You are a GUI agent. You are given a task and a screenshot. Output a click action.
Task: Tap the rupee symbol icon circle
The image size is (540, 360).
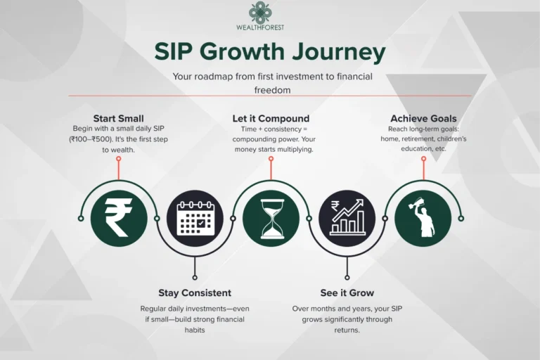(118, 219)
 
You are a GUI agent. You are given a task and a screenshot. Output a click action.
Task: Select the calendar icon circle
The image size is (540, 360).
(195, 219)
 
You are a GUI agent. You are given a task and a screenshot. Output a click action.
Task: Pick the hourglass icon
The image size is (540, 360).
(271, 219)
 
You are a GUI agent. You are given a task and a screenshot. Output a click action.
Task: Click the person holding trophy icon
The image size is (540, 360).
(423, 219)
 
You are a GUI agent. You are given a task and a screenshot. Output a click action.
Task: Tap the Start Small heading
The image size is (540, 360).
(119, 118)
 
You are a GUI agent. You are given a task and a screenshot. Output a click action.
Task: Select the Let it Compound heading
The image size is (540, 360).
(271, 118)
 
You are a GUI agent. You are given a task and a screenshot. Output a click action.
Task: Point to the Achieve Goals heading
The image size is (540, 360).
(423, 118)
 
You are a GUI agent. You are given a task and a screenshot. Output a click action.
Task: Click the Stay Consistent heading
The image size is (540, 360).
(195, 292)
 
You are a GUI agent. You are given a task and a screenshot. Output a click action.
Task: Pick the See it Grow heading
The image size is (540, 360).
(347, 292)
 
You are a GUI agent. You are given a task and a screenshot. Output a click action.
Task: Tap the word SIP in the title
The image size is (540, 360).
(174, 53)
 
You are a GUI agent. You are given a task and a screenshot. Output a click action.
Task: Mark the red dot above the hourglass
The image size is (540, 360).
(271, 158)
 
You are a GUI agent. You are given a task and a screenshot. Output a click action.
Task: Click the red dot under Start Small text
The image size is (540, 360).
(119, 158)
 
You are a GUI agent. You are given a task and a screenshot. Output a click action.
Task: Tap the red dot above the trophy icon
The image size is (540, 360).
(423, 158)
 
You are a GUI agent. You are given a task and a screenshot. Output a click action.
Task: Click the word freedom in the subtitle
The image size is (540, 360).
(271, 90)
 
